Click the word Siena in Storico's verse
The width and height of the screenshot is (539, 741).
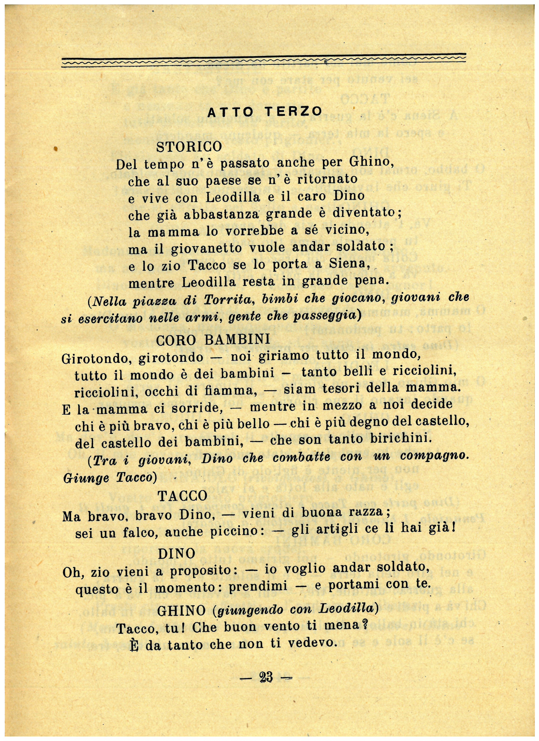point(352,264)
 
